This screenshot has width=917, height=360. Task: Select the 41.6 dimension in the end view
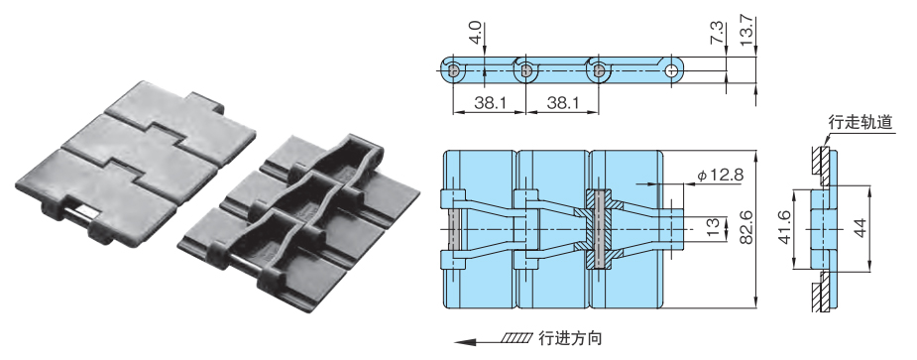(x=784, y=229)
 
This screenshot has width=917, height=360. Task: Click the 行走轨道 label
(x=860, y=124)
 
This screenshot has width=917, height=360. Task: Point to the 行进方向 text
(x=571, y=339)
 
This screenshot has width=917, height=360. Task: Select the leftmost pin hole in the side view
(x=453, y=71)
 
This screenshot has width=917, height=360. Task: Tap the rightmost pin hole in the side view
(x=674, y=71)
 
